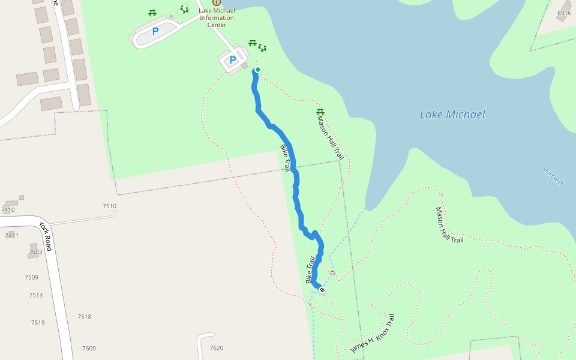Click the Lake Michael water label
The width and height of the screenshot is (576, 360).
click(x=452, y=115)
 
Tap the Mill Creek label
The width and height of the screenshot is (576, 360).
click(x=553, y=176)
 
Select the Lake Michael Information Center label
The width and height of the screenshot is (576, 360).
click(x=217, y=18)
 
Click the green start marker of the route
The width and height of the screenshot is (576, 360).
click(x=258, y=70)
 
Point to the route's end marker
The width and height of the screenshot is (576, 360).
click(x=322, y=290)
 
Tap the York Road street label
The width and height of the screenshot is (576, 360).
click(x=46, y=236)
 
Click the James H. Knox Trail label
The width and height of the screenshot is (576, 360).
click(x=373, y=334)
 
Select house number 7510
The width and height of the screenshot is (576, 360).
click(x=109, y=206)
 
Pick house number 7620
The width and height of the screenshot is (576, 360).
click(x=216, y=348)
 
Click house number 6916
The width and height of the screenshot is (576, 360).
click(x=564, y=13)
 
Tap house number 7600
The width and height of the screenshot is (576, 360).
click(x=89, y=349)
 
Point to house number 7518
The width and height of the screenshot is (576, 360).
click(x=84, y=317)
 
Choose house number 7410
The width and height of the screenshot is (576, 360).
click(x=8, y=210)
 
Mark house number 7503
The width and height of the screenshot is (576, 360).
click(x=35, y=252)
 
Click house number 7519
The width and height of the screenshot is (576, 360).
click(x=38, y=323)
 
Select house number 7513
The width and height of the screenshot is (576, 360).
click(x=36, y=295)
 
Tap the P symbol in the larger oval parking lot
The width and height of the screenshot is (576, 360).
click(x=155, y=31)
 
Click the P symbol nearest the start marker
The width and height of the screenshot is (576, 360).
click(x=233, y=60)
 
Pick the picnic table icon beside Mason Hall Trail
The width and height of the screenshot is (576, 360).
click(x=320, y=112)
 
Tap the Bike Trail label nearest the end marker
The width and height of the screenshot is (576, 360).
click(x=311, y=271)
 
